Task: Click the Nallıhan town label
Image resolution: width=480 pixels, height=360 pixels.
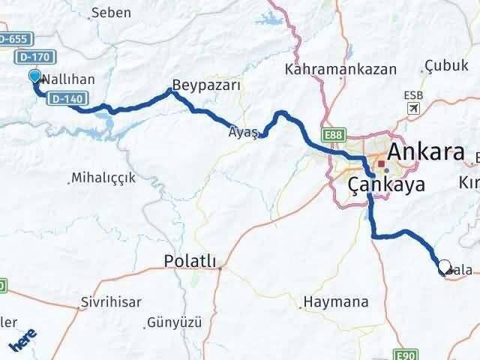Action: pyautogui.click(x=67, y=79)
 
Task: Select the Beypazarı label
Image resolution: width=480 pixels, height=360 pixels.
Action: pyautogui.click(x=206, y=85)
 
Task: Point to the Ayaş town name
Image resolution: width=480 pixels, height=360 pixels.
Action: pyautogui.click(x=243, y=132)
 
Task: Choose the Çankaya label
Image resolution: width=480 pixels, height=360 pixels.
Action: pyautogui.click(x=387, y=184)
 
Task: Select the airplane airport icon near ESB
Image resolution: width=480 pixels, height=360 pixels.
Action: pyautogui.click(x=412, y=109)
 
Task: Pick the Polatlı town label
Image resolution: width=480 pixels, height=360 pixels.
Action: pyautogui.click(x=190, y=261)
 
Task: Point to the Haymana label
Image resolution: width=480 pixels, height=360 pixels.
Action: pyautogui.click(x=335, y=303)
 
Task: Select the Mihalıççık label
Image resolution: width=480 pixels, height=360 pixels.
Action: pyautogui.click(x=102, y=178)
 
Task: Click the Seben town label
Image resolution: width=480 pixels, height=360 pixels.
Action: pyautogui.click(x=110, y=13)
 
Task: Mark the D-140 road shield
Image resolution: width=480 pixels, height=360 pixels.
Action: pyautogui.click(x=67, y=98)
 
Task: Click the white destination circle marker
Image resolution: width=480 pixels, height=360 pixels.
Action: pyautogui.click(x=444, y=266)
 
